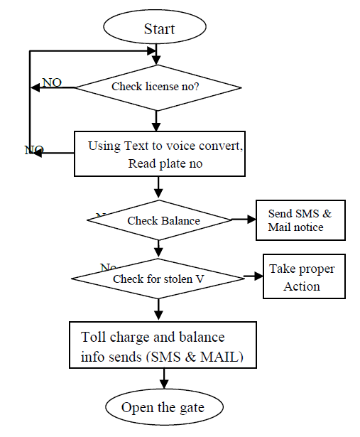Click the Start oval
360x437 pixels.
coord(158,29)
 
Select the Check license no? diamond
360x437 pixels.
coord(158,87)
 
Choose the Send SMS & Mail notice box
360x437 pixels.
coord(300,220)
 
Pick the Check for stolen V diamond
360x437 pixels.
coord(158,279)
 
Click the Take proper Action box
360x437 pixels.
coord(304,276)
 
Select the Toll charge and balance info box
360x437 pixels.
coord(163,345)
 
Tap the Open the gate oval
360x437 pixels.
coord(163,407)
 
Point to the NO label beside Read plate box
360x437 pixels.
coord(33,150)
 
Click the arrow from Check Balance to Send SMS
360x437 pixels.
coord(243,220)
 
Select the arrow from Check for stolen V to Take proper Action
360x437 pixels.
coord(251,276)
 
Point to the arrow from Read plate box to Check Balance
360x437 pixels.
coord(158,188)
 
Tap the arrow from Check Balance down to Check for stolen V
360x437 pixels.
coord(158,248)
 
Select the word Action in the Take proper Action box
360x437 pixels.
coord(302,286)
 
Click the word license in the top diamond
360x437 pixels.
coord(160,87)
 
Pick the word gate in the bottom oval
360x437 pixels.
coord(190,408)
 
